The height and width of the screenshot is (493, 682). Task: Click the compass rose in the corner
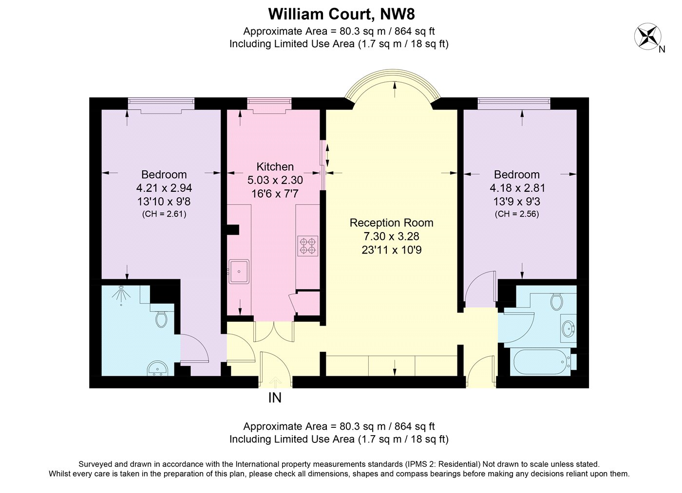[647, 37]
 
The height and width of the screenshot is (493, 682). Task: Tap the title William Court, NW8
[341, 13]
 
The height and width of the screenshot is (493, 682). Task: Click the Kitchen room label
[275, 167]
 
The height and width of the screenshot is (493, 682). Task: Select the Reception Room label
[391, 223]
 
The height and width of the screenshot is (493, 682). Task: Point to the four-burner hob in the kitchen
[308, 246]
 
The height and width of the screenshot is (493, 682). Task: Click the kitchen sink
[239, 272]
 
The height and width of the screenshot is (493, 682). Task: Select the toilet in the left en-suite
[161, 319]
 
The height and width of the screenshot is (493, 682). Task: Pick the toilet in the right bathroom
[556, 301]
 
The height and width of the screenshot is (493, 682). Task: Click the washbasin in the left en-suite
[157, 368]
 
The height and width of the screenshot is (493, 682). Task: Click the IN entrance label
[275, 398]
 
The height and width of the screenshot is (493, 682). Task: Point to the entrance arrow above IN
[275, 382]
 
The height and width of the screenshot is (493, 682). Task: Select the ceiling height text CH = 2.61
[164, 214]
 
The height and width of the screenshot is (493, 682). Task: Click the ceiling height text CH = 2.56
[517, 214]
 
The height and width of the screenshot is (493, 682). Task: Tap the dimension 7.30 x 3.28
[391, 237]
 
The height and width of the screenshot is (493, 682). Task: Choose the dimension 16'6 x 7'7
[275, 194]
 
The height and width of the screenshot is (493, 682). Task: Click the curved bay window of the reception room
[393, 78]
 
